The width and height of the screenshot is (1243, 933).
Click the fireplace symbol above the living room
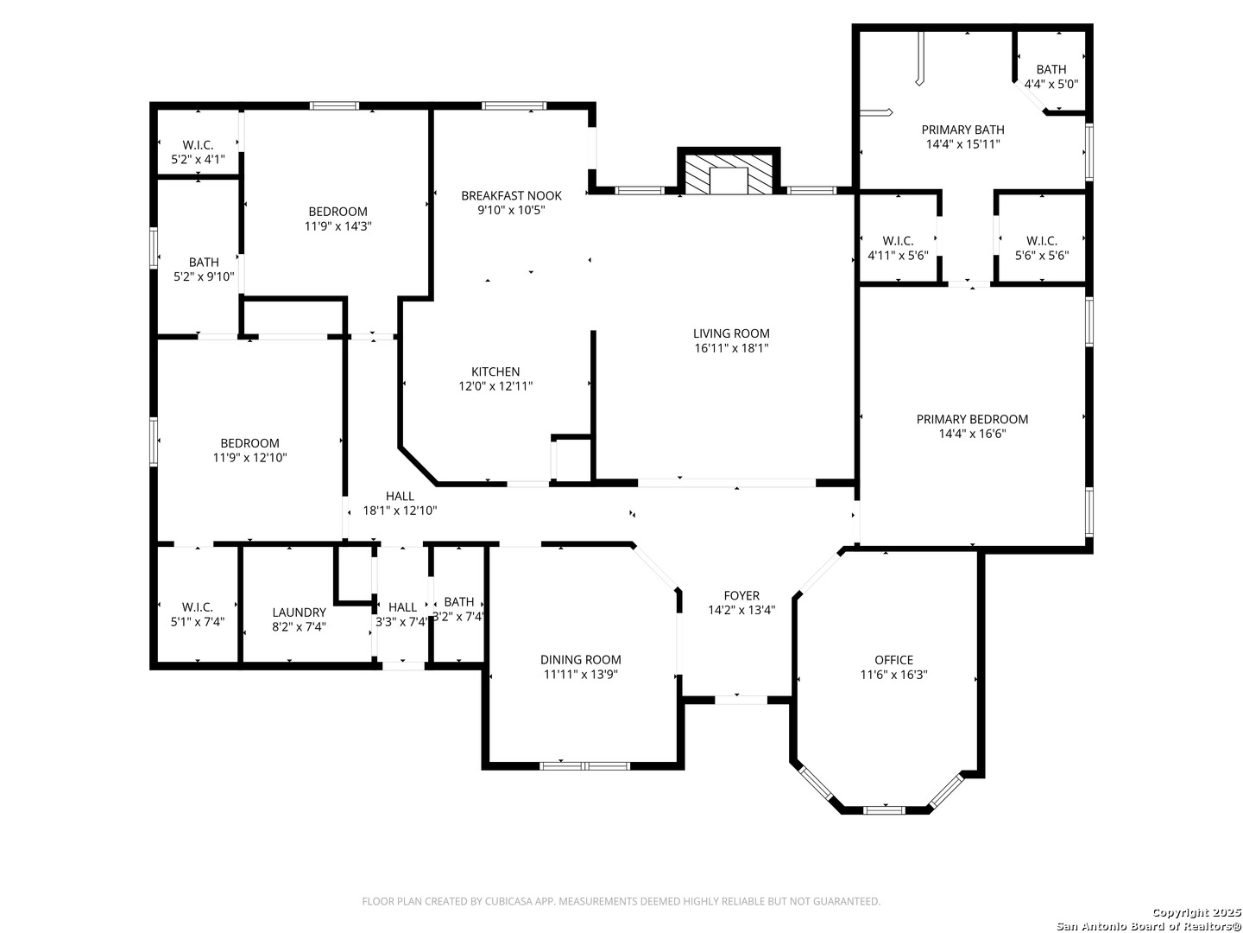(729, 172)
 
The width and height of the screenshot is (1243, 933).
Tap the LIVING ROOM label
(731, 333)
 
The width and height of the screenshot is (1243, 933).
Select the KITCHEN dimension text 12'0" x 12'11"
(495, 386)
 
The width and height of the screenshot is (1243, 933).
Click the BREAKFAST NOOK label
(511, 196)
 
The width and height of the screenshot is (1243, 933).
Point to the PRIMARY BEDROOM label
(972, 419)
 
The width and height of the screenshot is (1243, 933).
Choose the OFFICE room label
(893, 660)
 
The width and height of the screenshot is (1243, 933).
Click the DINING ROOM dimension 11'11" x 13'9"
(580, 674)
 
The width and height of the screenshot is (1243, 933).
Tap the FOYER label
(741, 595)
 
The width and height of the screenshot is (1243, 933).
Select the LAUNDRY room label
(299, 612)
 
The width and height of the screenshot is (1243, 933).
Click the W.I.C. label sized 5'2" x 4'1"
(198, 145)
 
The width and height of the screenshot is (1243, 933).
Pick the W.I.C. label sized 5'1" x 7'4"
(197, 607)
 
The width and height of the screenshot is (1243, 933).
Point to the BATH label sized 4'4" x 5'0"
(1051, 70)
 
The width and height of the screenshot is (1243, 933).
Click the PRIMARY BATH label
(962, 130)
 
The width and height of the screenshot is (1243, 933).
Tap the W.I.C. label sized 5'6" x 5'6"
(1041, 241)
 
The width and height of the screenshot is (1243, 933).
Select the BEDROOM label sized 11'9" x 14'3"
(338, 212)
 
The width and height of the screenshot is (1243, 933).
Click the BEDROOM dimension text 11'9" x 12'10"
(249, 458)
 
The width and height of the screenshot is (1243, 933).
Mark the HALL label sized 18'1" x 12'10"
(400, 496)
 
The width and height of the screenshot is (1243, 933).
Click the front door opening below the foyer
(741, 700)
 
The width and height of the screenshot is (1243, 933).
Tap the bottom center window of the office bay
(884, 810)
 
